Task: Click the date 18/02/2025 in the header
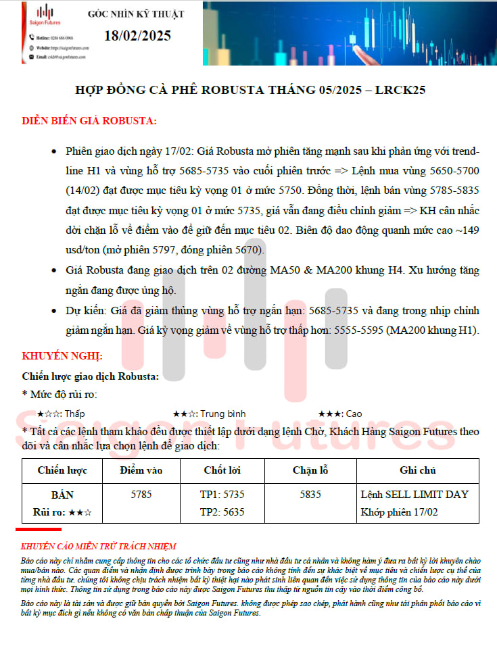tap(137, 36)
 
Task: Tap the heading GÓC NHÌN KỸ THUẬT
tap(136, 14)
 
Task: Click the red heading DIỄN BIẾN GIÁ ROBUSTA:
tap(89, 121)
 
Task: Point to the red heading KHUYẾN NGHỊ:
tap(62, 355)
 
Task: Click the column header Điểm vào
tap(141, 470)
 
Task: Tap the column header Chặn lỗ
tap(310, 470)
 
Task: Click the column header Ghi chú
tap(418, 470)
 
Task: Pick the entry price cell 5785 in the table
tap(141, 495)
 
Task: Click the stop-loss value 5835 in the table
tap(310, 495)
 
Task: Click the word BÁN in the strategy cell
tap(62, 495)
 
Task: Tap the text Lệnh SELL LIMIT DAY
tap(415, 495)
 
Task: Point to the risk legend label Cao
tap(353, 414)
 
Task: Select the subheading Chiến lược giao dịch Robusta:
tap(91, 376)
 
